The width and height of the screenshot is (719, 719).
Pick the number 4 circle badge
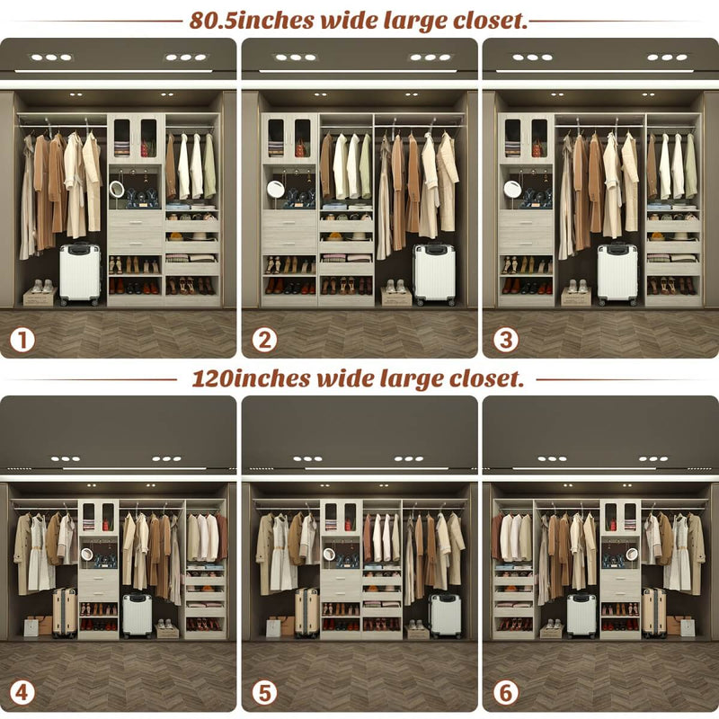[23, 693]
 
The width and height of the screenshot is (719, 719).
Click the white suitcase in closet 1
[80, 274]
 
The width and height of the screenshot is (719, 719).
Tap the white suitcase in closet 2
[434, 274]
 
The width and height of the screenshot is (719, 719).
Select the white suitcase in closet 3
[617, 274]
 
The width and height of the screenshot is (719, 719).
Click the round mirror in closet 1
[117, 190]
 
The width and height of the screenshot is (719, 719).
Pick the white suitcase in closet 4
[138, 615]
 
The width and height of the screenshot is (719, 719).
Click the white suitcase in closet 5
[446, 616]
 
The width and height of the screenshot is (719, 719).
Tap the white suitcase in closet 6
[581, 616]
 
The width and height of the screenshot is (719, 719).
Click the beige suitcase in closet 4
[65, 611]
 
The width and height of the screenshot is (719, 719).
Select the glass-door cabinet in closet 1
[135, 138]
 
